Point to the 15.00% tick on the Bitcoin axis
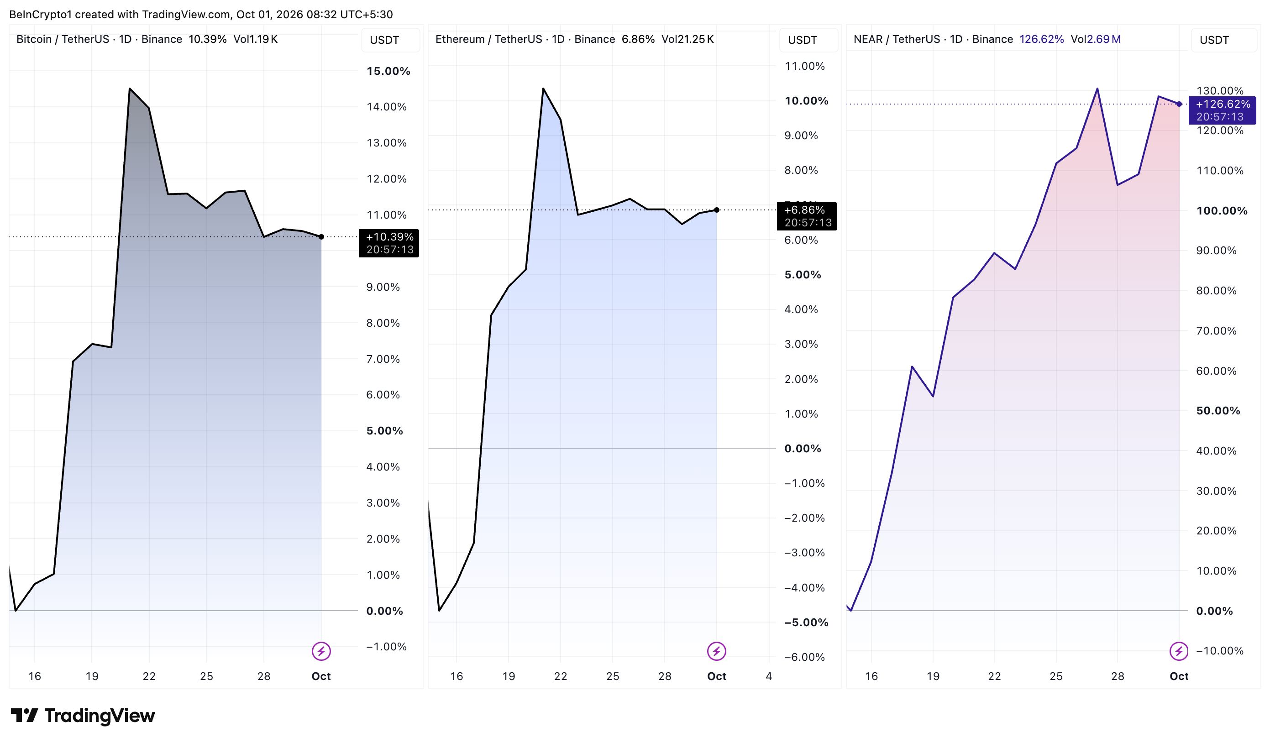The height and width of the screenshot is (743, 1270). click(x=388, y=71)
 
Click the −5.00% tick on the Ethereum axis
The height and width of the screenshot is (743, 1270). click(x=806, y=622)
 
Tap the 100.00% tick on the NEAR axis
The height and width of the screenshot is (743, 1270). click(x=1222, y=210)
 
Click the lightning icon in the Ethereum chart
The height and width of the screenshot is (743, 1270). click(x=716, y=651)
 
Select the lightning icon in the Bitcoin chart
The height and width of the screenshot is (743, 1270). click(x=321, y=651)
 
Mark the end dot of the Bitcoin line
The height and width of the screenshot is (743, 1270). click(x=321, y=237)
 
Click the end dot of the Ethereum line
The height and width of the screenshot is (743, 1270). click(x=717, y=210)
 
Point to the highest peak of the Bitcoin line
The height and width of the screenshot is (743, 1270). click(x=130, y=89)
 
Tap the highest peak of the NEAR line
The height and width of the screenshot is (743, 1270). click(x=1097, y=89)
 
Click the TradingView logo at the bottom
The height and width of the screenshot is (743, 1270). click(x=83, y=716)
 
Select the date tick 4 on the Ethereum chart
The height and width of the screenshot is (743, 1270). click(x=769, y=676)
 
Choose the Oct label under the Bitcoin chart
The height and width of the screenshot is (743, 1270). click(x=321, y=676)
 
